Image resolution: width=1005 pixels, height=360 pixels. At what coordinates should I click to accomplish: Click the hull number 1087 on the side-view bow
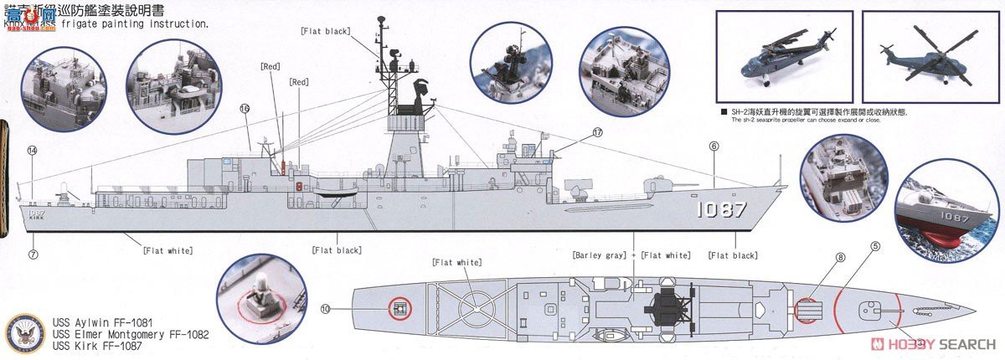[x=721, y=210]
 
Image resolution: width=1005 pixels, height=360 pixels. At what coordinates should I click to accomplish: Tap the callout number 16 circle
[x=245, y=109]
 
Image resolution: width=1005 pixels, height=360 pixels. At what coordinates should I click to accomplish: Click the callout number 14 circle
[x=33, y=151]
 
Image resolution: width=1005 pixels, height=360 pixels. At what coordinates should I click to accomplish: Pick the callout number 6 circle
[x=714, y=146]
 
